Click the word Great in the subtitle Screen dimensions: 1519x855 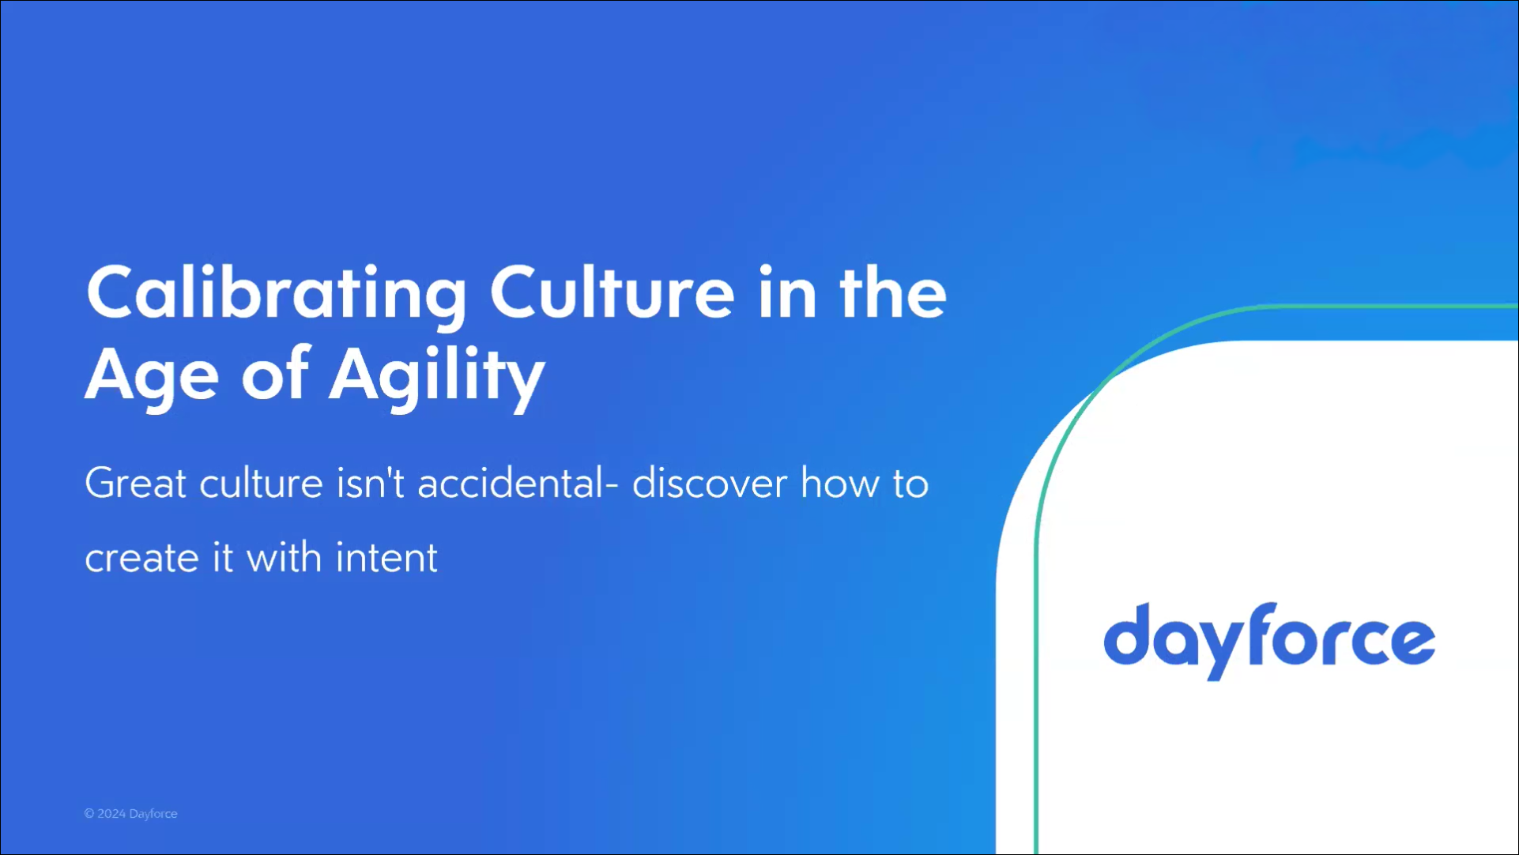click(136, 483)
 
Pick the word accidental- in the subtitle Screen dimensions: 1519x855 click(518, 483)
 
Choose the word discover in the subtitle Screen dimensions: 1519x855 click(710, 483)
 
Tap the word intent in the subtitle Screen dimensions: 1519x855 click(386, 557)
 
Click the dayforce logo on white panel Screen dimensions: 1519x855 click(1269, 641)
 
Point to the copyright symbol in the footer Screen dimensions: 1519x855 click(89, 813)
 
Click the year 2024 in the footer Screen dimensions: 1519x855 click(111, 813)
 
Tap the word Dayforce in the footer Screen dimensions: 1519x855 click(153, 814)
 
